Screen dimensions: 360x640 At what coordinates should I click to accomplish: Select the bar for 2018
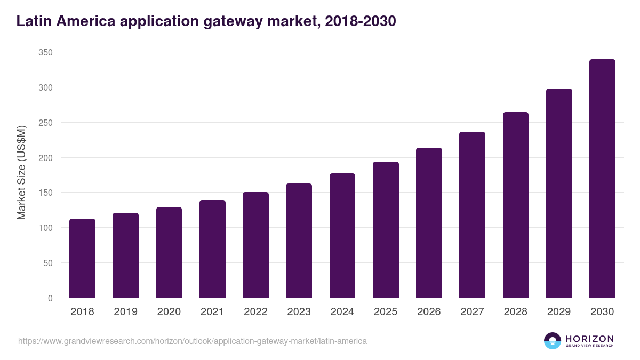(82, 258)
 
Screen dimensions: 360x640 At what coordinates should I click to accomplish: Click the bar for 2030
(602, 179)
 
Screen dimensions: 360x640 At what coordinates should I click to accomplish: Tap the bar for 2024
(342, 236)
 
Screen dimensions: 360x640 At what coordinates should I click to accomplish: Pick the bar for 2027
(472, 215)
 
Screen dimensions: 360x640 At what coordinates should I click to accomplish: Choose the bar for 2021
(212, 249)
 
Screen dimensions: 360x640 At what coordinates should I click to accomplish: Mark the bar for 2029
(559, 193)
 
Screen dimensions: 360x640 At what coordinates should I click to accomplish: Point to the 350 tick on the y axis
(45, 52)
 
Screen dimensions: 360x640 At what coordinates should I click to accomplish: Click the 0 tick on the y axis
(50, 298)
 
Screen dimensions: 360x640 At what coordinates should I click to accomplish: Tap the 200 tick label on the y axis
(45, 158)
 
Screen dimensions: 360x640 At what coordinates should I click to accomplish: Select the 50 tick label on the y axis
(47, 263)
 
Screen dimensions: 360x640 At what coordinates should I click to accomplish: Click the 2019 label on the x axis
(125, 312)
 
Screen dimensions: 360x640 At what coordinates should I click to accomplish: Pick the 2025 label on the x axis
(386, 312)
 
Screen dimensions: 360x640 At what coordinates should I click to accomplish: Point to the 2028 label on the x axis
(516, 312)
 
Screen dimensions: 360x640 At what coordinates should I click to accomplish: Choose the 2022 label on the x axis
(255, 312)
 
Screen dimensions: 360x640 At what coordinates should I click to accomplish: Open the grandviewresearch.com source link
(193, 341)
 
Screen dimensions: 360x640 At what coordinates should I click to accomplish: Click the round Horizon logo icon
(552, 341)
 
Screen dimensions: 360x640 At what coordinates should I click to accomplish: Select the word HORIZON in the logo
(589, 338)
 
